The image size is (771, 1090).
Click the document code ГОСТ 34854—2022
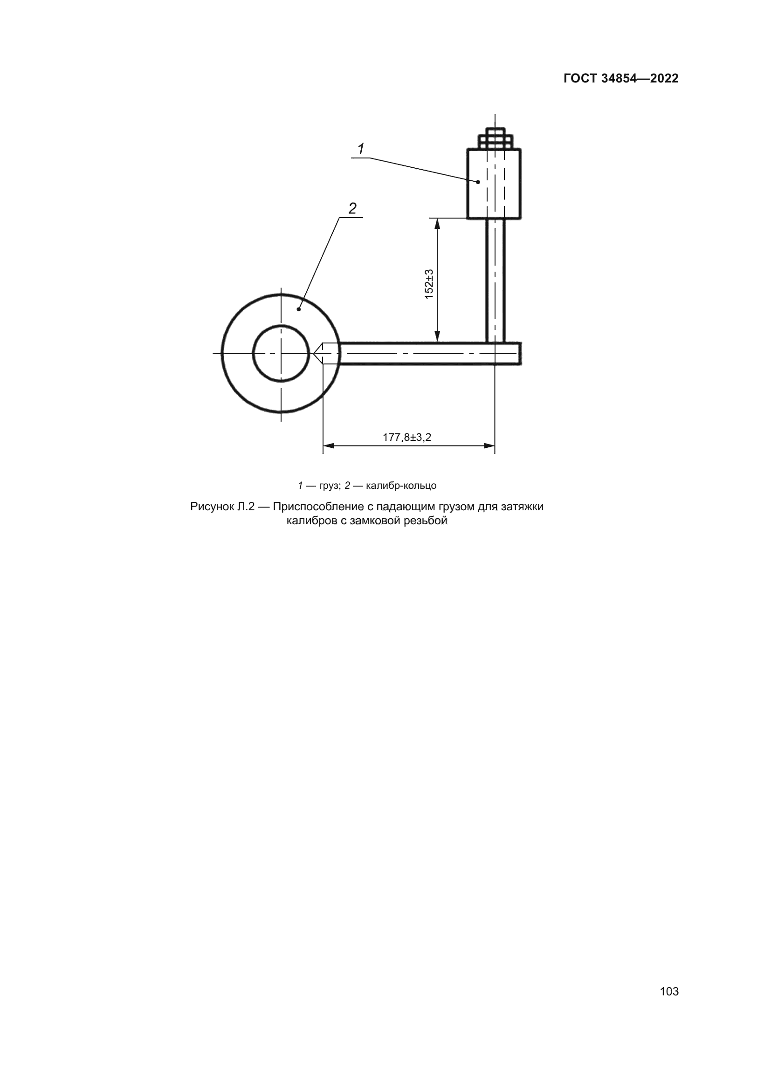(x=621, y=78)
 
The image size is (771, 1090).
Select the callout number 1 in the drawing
(x=361, y=149)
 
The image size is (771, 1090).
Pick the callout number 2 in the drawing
(x=352, y=208)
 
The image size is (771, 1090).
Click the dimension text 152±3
(x=429, y=284)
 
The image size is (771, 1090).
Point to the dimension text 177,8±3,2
(x=407, y=437)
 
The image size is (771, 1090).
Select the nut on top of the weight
(x=495, y=138)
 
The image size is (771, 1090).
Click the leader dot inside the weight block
(x=478, y=182)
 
